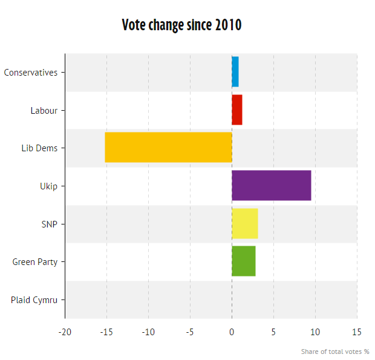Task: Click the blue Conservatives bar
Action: tap(235, 72)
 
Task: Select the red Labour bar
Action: tap(237, 110)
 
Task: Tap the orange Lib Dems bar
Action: tap(168, 148)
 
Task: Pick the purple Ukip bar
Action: tap(272, 186)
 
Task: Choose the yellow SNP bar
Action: tap(245, 224)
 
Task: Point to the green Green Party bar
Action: tap(244, 261)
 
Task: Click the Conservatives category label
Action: tap(31, 73)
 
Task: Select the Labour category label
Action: tap(44, 111)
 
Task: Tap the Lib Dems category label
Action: tap(39, 148)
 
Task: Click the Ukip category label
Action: tap(48, 186)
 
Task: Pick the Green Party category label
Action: tap(35, 262)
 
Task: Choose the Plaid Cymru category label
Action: tap(34, 300)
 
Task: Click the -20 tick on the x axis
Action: tap(65, 332)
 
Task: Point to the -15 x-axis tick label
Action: tap(106, 332)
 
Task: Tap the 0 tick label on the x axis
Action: tap(232, 332)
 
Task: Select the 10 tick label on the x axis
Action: tap(315, 332)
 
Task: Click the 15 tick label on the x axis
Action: tap(357, 332)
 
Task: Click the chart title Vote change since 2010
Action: tap(181, 25)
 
